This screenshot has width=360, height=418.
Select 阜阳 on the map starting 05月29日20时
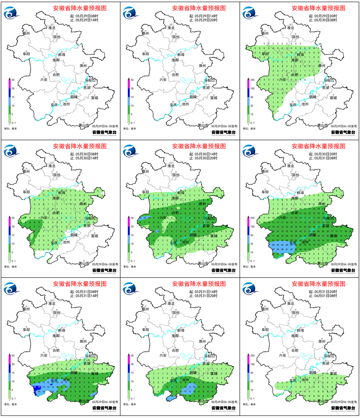tap(264, 54)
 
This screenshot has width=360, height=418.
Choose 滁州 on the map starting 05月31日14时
tap(203, 342)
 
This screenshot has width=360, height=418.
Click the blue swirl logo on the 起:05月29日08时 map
tap(11, 14)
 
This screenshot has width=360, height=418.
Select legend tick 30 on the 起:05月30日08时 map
tap(13, 226)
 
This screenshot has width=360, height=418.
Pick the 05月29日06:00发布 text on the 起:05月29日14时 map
tap(224, 126)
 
